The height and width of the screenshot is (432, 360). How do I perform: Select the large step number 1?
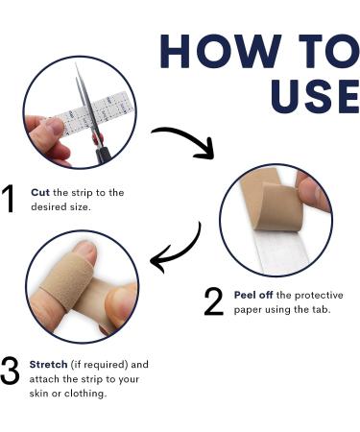(x=12, y=199)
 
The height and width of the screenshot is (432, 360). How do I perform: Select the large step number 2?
(x=213, y=301)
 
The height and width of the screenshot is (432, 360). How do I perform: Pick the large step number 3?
(x=12, y=372)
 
